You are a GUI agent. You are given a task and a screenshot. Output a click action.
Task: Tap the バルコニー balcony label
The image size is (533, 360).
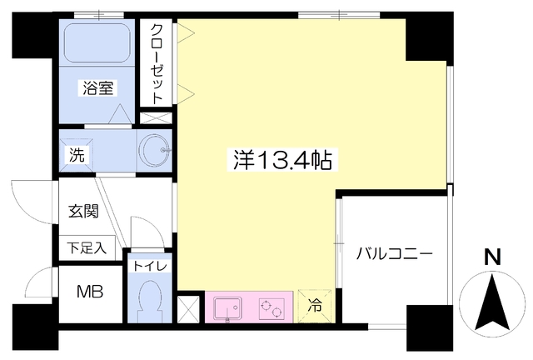click(394, 253)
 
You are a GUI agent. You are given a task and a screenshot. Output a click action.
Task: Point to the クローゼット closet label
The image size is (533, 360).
click(157, 63)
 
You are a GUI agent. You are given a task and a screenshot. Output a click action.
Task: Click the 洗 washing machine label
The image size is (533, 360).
click(76, 154)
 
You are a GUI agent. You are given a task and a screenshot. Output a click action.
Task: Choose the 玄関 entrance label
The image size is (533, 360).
click(84, 210)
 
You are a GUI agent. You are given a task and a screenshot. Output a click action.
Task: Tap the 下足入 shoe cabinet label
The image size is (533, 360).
click(87, 247)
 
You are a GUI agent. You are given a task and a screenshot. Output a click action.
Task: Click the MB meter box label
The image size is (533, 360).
click(91, 292)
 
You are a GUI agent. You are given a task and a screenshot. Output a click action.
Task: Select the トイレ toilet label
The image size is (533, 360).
click(149, 266)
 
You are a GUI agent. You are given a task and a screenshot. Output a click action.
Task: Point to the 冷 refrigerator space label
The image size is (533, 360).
click(316, 306)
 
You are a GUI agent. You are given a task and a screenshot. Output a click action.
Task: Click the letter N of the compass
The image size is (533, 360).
click(493, 258)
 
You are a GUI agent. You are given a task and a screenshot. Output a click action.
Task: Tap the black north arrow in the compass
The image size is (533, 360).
click(492, 303)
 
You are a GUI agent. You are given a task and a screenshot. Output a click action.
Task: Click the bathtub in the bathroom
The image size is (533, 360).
click(98, 42)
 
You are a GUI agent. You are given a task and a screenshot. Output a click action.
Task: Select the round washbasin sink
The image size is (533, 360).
click(155, 152)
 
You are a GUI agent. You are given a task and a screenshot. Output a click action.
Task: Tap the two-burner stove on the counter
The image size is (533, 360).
click(270, 308)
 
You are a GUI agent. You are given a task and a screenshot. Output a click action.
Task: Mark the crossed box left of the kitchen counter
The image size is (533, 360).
click(190, 308)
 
